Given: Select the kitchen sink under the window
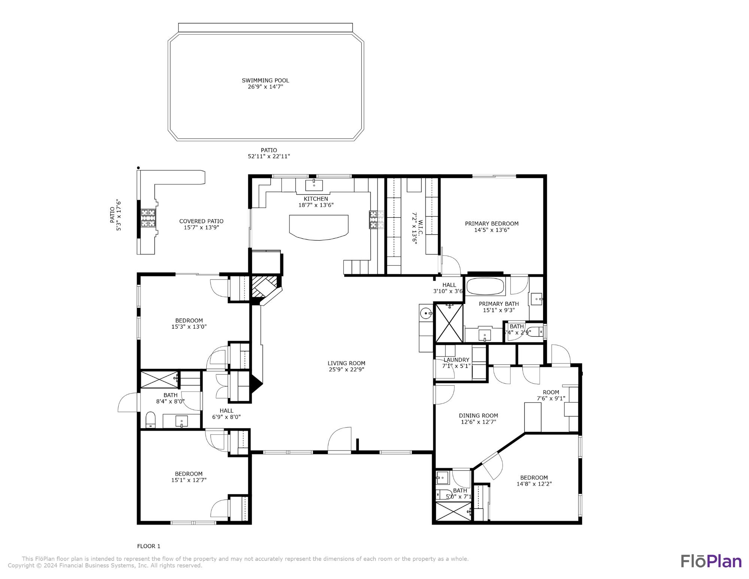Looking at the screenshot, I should click(x=314, y=185).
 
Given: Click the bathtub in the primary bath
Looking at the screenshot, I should click(x=485, y=287).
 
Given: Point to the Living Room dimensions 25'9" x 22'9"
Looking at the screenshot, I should click(x=346, y=370).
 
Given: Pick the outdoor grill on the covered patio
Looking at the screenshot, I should click(x=148, y=218).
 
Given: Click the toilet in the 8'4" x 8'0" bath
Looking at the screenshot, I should click(x=150, y=420).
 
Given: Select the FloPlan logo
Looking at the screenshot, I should click(x=710, y=561).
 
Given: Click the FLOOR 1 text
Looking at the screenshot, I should click(x=149, y=546).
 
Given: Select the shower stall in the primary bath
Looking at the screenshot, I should click(x=449, y=323).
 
